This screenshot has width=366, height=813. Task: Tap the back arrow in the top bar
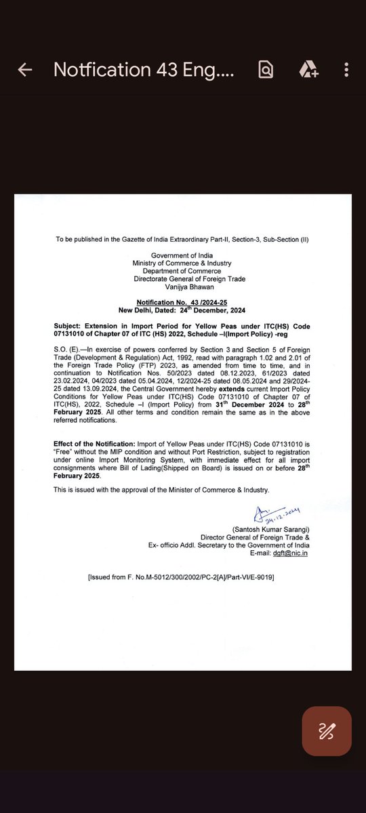pyautogui.click(x=25, y=70)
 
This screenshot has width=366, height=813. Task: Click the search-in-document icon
pyautogui.click(x=266, y=70)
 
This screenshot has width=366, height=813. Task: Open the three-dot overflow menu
pyautogui.click(x=346, y=70)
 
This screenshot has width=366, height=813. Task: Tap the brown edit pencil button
pyautogui.click(x=327, y=731)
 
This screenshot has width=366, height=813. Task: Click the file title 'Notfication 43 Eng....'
pyautogui.click(x=144, y=70)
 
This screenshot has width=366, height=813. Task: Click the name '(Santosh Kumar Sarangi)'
pyautogui.click(x=270, y=528)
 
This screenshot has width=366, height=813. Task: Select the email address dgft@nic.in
pyautogui.click(x=296, y=552)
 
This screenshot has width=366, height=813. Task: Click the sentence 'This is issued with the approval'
pyautogui.click(x=161, y=490)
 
